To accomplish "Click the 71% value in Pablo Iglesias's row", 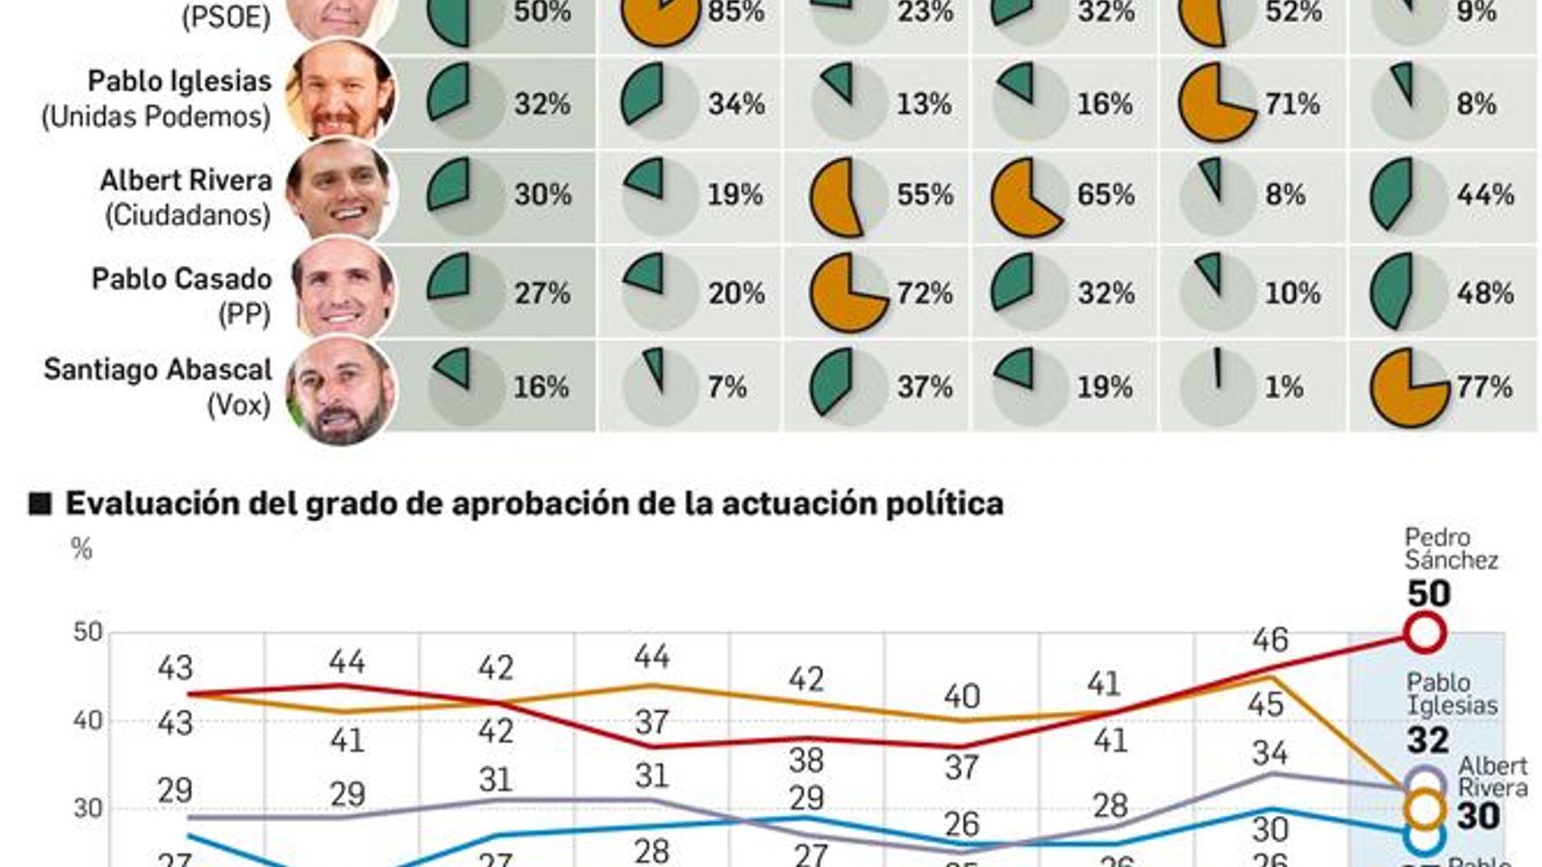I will tap(1291, 103).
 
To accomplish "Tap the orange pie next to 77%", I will tap(1408, 387).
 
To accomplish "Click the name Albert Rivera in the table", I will tap(186, 180).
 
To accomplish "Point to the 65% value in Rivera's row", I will tap(1104, 195).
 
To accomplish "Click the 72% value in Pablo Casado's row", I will tap(924, 293).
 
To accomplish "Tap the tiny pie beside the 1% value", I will tap(1217, 387).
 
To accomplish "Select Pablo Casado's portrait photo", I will tap(342, 289).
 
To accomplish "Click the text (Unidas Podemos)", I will tap(155, 118).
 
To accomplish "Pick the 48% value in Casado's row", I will tap(1485, 293).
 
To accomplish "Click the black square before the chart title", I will tap(40, 504).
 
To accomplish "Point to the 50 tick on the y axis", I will tap(88, 632).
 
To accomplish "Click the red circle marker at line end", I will tap(1424, 633).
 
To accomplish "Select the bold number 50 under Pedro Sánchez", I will tap(1428, 593).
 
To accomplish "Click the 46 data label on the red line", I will tap(1269, 640).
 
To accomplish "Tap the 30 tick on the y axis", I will tap(88, 808).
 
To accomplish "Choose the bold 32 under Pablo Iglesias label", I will tap(1427, 740).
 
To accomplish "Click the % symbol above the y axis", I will tap(81, 549).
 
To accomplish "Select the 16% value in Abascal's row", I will tap(541, 387).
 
